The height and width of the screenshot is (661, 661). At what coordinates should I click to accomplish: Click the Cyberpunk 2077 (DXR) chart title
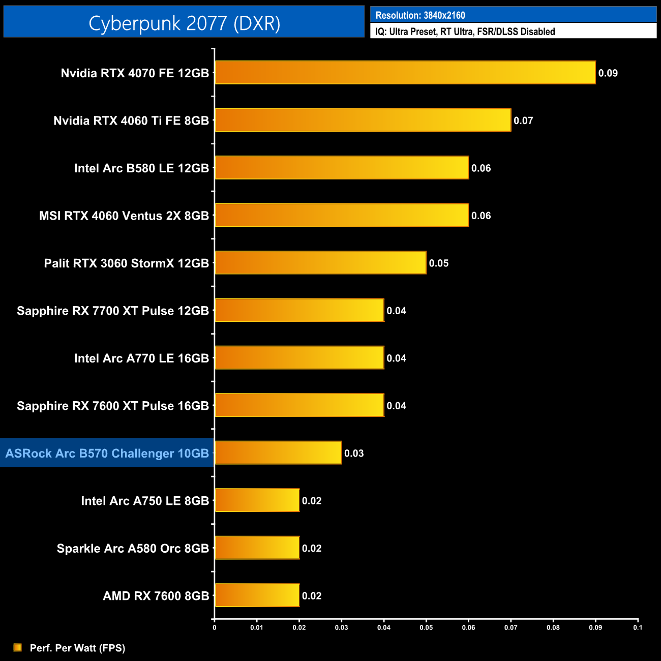point(184,23)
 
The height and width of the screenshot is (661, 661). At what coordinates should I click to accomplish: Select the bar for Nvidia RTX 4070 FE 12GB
point(405,73)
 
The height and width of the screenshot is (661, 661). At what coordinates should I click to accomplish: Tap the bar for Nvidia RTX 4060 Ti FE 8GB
point(363,120)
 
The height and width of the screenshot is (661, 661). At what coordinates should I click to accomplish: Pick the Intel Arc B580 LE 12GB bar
point(342,168)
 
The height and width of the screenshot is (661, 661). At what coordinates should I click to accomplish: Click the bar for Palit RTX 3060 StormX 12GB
point(320,263)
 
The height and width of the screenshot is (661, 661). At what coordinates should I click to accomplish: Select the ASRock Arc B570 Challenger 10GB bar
point(278,453)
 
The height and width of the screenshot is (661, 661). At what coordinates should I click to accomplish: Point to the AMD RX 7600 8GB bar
point(257,595)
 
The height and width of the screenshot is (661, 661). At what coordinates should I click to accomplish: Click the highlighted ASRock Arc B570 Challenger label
point(107,453)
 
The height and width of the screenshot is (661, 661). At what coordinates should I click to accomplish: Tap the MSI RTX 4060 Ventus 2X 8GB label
point(124,216)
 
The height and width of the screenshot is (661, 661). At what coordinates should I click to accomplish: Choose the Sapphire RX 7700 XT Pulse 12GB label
point(113,311)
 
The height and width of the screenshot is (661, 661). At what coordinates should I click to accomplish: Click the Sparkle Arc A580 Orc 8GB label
point(133,548)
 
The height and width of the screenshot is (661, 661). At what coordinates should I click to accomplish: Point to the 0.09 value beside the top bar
point(608,73)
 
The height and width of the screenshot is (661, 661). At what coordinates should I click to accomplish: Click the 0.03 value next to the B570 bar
point(354,454)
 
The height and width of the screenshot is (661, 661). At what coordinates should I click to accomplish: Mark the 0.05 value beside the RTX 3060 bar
point(438,263)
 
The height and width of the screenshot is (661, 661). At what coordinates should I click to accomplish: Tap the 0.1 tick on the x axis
point(638,627)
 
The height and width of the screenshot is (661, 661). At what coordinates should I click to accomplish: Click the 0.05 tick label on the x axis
point(426,627)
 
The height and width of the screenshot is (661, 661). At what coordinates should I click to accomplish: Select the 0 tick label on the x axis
point(215,627)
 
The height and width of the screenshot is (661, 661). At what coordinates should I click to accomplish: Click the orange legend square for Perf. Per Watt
point(18,647)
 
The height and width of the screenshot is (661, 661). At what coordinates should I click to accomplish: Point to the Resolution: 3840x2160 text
point(420,15)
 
